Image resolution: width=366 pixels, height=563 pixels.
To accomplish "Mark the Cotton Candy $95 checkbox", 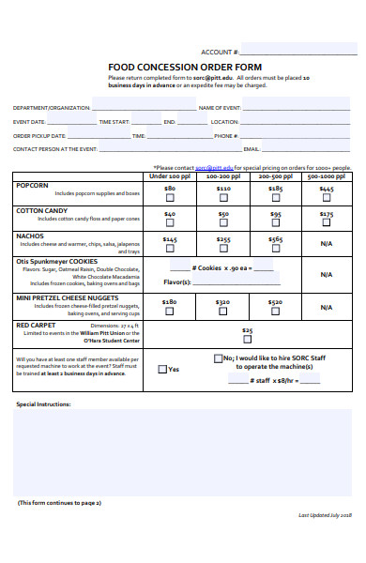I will tap(275, 223).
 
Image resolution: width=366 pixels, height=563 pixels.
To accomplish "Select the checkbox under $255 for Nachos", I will tap(222, 250).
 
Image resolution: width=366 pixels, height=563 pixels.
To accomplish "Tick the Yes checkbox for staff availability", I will tap(162, 370).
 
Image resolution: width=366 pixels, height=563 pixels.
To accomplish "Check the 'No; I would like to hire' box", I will tap(219, 358).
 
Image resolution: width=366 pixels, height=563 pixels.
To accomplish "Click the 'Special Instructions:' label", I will tap(43, 403).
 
